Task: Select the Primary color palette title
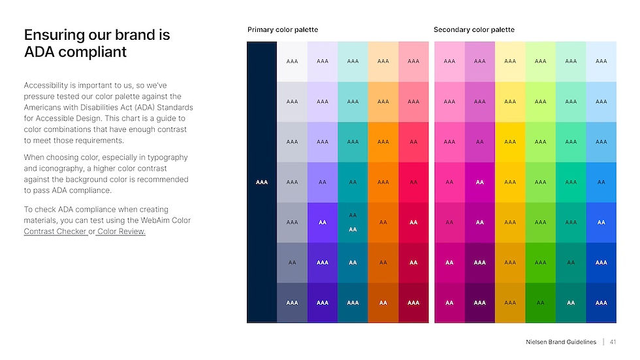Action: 282,30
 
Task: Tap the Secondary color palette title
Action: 473,30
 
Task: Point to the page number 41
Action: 614,342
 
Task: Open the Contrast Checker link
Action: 56,231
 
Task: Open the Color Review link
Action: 121,231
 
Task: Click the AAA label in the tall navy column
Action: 262,182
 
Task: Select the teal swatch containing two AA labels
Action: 353,222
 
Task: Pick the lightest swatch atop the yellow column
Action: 510,61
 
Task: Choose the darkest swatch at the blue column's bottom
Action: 601,303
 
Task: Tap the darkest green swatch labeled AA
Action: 540,303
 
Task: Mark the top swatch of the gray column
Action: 292,61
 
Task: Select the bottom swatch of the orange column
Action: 383,303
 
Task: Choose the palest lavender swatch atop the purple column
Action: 323,61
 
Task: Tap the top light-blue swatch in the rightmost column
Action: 601,61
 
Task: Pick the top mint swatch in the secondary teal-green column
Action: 571,61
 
